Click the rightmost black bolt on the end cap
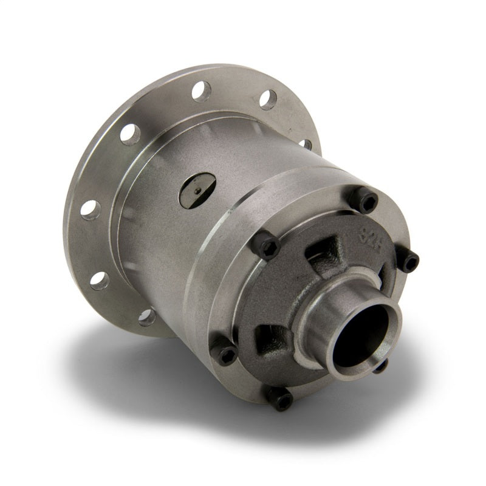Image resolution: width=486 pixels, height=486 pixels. coord(411,262)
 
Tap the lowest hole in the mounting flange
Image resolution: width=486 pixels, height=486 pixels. coord(146,317)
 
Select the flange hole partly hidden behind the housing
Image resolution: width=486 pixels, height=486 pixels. coord(306,144)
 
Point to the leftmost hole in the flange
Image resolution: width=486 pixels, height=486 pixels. coord(89,208)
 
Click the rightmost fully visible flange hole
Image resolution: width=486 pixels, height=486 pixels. coord(269,100)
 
